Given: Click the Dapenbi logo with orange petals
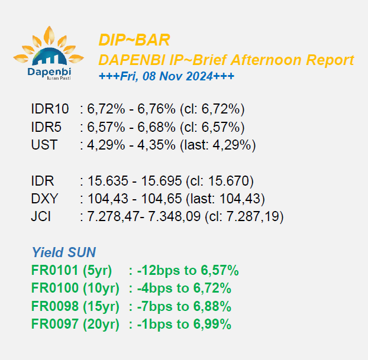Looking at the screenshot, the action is coord(49,53).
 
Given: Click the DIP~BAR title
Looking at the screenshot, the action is coord(134,40).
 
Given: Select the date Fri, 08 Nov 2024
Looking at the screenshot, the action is coord(166,76).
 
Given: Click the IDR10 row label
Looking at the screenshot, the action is coord(50,109).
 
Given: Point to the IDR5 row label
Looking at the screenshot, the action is coord(46,127).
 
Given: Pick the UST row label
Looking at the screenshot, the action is coord(44,145).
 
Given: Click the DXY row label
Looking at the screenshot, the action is coord(44,199).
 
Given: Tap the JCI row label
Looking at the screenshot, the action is coord(41,216).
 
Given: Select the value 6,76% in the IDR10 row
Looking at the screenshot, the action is coord(156,109).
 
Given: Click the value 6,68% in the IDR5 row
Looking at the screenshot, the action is coord(156,127).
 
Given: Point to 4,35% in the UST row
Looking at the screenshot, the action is coord(156,145).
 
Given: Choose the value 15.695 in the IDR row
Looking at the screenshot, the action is coord(162,181).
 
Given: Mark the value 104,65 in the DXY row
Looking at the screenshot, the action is coord(162,199).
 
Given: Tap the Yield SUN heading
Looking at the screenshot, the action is coord(64,252).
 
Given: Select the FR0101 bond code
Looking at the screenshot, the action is coord(54,270).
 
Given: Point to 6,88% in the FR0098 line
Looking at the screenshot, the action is coord(212,306).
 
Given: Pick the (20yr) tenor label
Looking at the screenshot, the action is coord(101,324).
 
